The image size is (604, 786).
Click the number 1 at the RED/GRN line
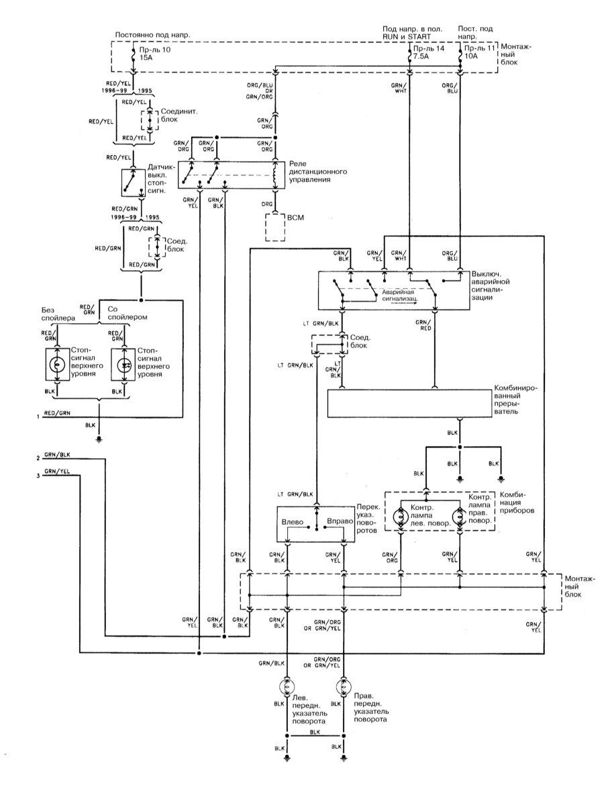38,417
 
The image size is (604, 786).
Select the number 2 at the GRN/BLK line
38,458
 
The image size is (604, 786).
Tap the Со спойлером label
128,311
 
